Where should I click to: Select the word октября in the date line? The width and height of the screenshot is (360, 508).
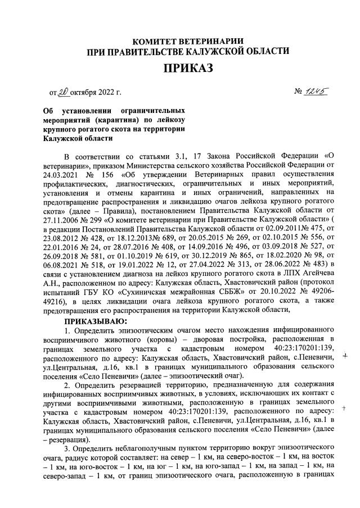[x=84, y=92]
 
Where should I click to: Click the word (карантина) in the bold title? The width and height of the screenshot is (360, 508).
[x=112, y=120]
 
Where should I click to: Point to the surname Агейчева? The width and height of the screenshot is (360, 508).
[x=318, y=272]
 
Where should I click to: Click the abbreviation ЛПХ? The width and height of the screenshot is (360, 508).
[x=290, y=272]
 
